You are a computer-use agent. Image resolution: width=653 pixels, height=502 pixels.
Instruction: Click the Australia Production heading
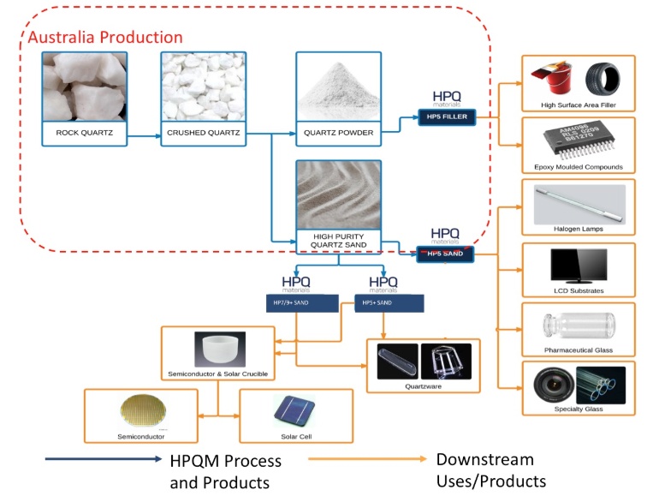pyautogui.click(x=105, y=38)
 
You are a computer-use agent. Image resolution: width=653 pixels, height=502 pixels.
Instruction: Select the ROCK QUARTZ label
pyautogui.click(x=84, y=133)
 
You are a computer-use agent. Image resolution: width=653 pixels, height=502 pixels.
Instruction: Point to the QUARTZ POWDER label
pyautogui.click(x=339, y=133)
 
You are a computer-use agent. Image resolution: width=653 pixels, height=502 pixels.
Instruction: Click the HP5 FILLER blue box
pyautogui.click(x=446, y=117)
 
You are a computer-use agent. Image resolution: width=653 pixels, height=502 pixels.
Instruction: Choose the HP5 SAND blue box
pyautogui.click(x=444, y=253)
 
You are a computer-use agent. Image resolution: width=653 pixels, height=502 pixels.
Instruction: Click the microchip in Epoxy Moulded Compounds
pyautogui.click(x=579, y=140)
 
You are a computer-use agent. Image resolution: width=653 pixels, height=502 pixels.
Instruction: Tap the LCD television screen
pyautogui.click(x=579, y=265)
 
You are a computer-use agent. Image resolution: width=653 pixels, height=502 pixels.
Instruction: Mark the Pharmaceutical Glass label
pyautogui.click(x=579, y=350)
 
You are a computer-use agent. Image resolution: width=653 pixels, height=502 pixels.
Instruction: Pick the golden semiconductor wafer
pyautogui.click(x=140, y=410)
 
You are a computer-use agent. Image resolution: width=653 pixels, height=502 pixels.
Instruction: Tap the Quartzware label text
pyautogui.click(x=423, y=386)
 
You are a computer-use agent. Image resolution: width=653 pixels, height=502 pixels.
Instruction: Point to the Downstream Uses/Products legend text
pyautogui.click(x=490, y=470)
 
